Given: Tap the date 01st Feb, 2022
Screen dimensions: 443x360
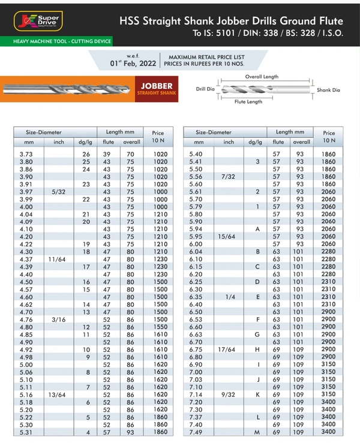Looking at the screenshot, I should pos(133,63).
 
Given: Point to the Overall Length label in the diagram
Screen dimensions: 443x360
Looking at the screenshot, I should pos(262,77).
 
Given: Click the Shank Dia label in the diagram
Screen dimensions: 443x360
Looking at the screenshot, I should pos(328,90).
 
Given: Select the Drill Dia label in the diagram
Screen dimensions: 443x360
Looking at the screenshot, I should pos(205,89).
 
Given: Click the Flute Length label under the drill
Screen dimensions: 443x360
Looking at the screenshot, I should pos(248,102).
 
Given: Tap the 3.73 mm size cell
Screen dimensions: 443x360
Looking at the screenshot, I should pos(26,154).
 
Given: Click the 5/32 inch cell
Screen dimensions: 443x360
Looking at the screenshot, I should pos(58,191).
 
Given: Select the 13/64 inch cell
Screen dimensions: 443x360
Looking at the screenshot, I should pos(58,395).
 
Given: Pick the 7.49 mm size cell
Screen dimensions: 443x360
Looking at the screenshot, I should pos(196,432).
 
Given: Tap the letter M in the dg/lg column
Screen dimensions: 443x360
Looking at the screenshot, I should pos(257,432).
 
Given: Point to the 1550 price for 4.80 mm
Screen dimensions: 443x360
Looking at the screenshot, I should pos(160,327).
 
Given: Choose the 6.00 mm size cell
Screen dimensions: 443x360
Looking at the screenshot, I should pos(196,244).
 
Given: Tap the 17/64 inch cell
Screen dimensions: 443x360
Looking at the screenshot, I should pos(229,349).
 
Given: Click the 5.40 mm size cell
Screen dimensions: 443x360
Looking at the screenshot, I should pos(196,154).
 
